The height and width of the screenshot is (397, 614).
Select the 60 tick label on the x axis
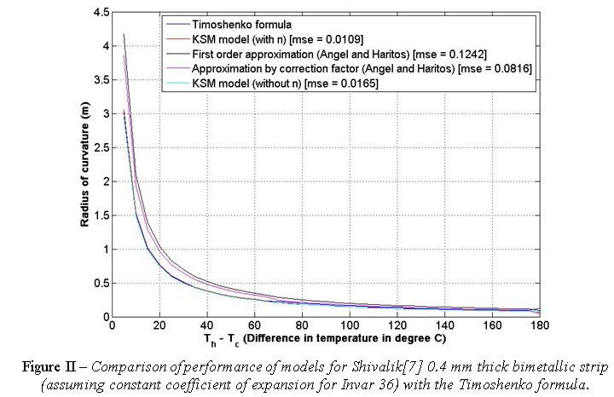coord(254,325)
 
